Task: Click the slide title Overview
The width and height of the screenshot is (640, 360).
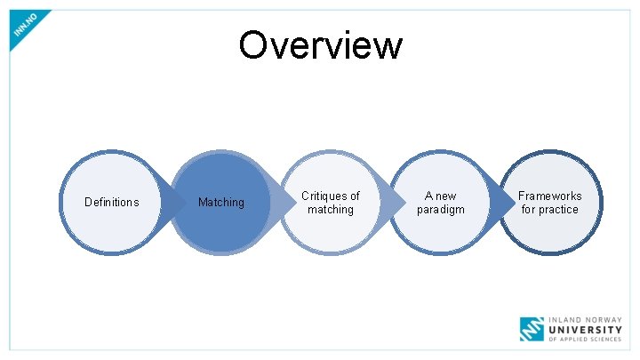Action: pos(320,44)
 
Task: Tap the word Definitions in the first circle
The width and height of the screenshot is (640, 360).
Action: pos(111,202)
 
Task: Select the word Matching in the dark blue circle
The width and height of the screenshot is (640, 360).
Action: pos(220,203)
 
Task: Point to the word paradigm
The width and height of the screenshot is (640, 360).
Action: pos(441,210)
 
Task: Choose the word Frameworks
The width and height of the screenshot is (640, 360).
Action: pos(550,196)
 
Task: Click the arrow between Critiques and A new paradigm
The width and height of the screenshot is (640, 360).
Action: pos(391,203)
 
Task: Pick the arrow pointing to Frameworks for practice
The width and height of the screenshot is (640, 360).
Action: pos(501,203)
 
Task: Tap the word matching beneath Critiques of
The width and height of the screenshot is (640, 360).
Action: pos(331,210)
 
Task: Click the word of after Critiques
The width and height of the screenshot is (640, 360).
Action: pos(354,196)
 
